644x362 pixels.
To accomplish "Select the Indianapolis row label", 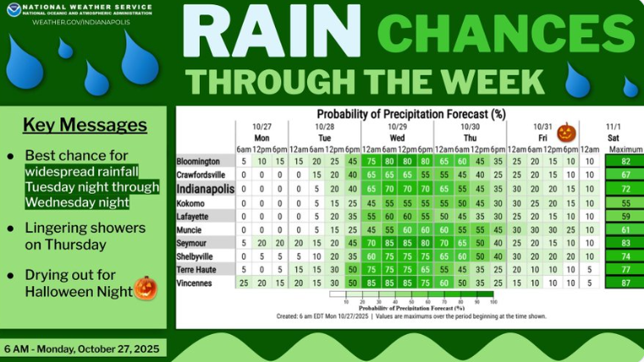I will [x=205, y=189].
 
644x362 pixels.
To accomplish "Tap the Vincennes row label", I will [x=194, y=283].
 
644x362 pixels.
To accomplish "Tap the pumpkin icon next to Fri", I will [x=565, y=133].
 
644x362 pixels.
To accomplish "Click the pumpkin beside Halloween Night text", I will [x=146, y=288].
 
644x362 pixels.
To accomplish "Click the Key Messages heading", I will [x=84, y=126].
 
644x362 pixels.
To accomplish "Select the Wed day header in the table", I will [x=397, y=136].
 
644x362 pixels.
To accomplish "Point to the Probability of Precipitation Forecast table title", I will [x=410, y=112].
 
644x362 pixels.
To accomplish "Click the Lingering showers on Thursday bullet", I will [x=77, y=237].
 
